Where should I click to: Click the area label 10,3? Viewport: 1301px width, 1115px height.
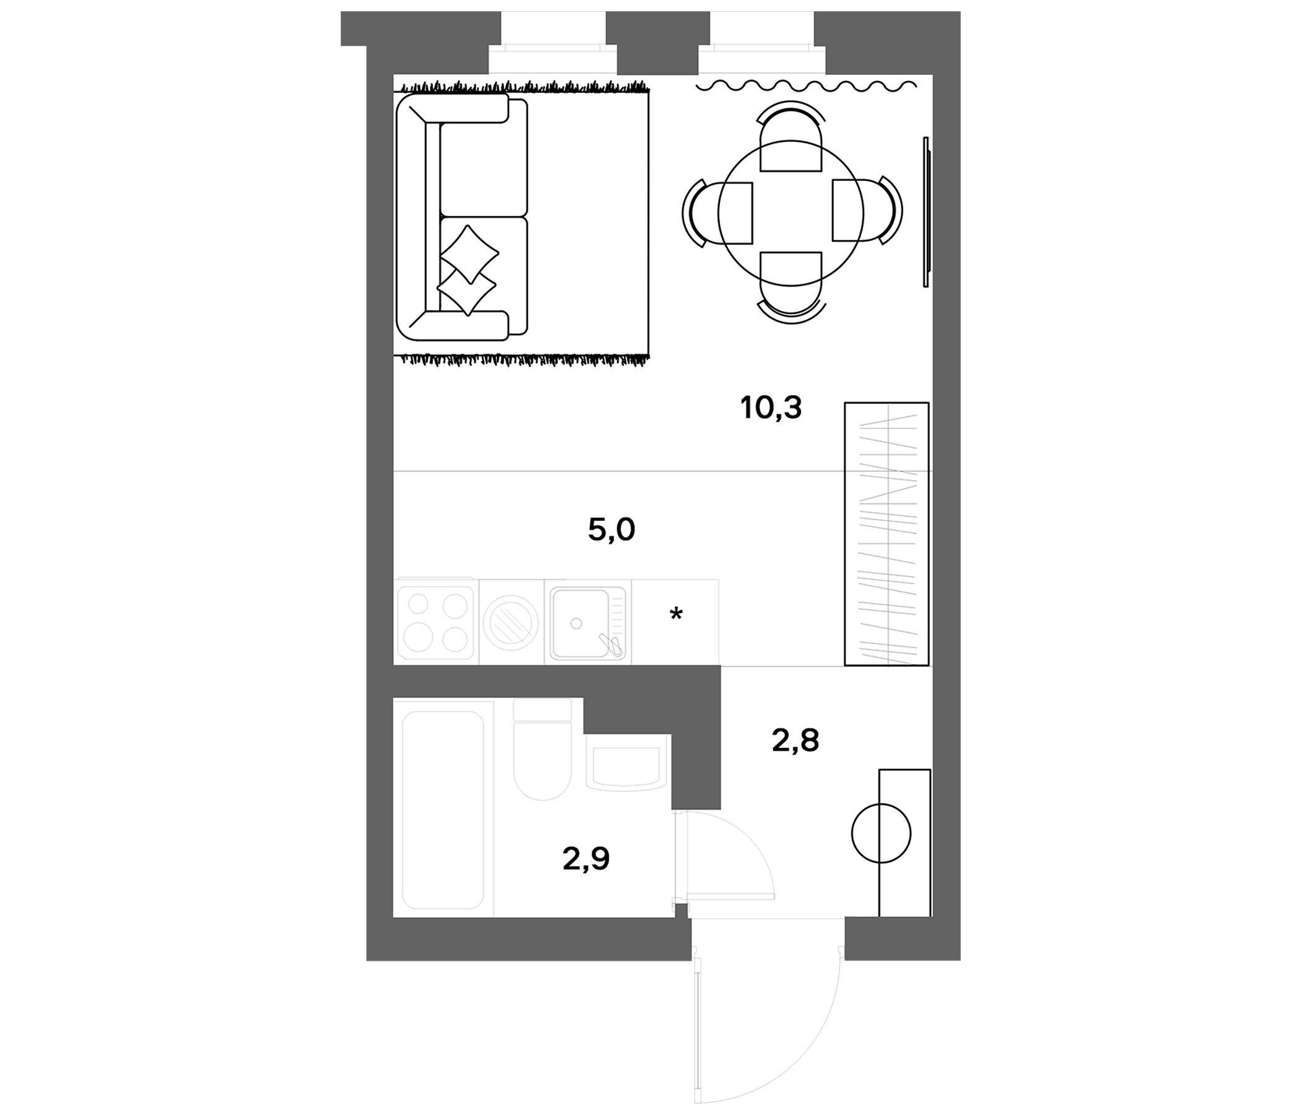771,409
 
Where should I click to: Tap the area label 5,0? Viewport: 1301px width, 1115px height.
611,530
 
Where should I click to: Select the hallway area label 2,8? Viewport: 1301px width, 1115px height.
795,741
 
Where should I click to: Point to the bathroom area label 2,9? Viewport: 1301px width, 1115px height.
586,859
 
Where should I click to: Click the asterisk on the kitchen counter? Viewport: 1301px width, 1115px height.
676,613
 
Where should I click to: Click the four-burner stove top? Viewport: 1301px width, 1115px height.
436,622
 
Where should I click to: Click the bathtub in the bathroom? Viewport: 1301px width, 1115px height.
444,810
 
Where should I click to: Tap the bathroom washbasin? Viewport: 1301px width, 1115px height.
626,761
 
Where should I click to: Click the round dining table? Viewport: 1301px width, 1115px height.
791,213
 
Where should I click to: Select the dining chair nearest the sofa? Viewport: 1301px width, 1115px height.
717,213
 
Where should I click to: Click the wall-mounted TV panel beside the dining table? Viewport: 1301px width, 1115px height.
926,212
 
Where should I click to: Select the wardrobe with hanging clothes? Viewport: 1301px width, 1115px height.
887,533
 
